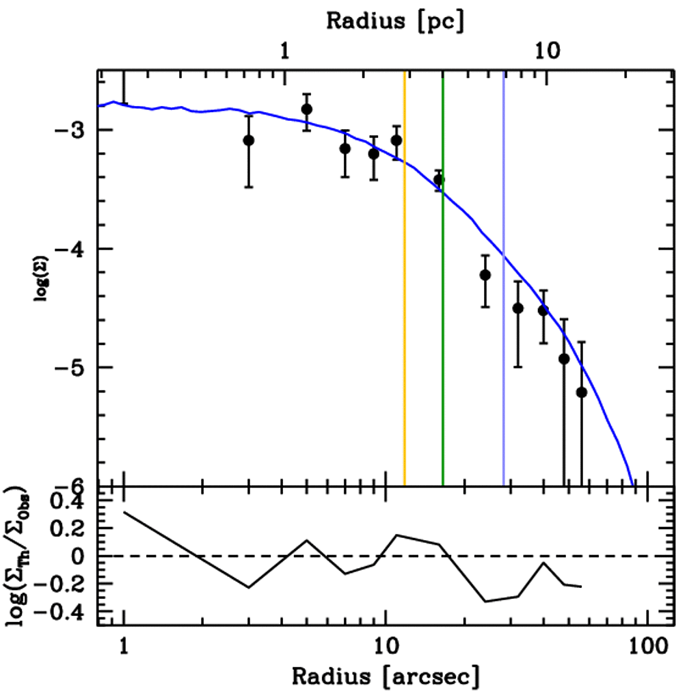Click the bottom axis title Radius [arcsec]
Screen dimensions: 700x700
[386, 676]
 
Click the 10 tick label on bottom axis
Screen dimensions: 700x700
[386, 646]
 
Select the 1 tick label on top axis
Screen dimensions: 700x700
[285, 51]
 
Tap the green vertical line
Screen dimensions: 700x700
[443, 342]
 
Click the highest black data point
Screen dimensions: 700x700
[307, 109]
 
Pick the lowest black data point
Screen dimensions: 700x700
[582, 392]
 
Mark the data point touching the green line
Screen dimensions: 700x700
[439, 180]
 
